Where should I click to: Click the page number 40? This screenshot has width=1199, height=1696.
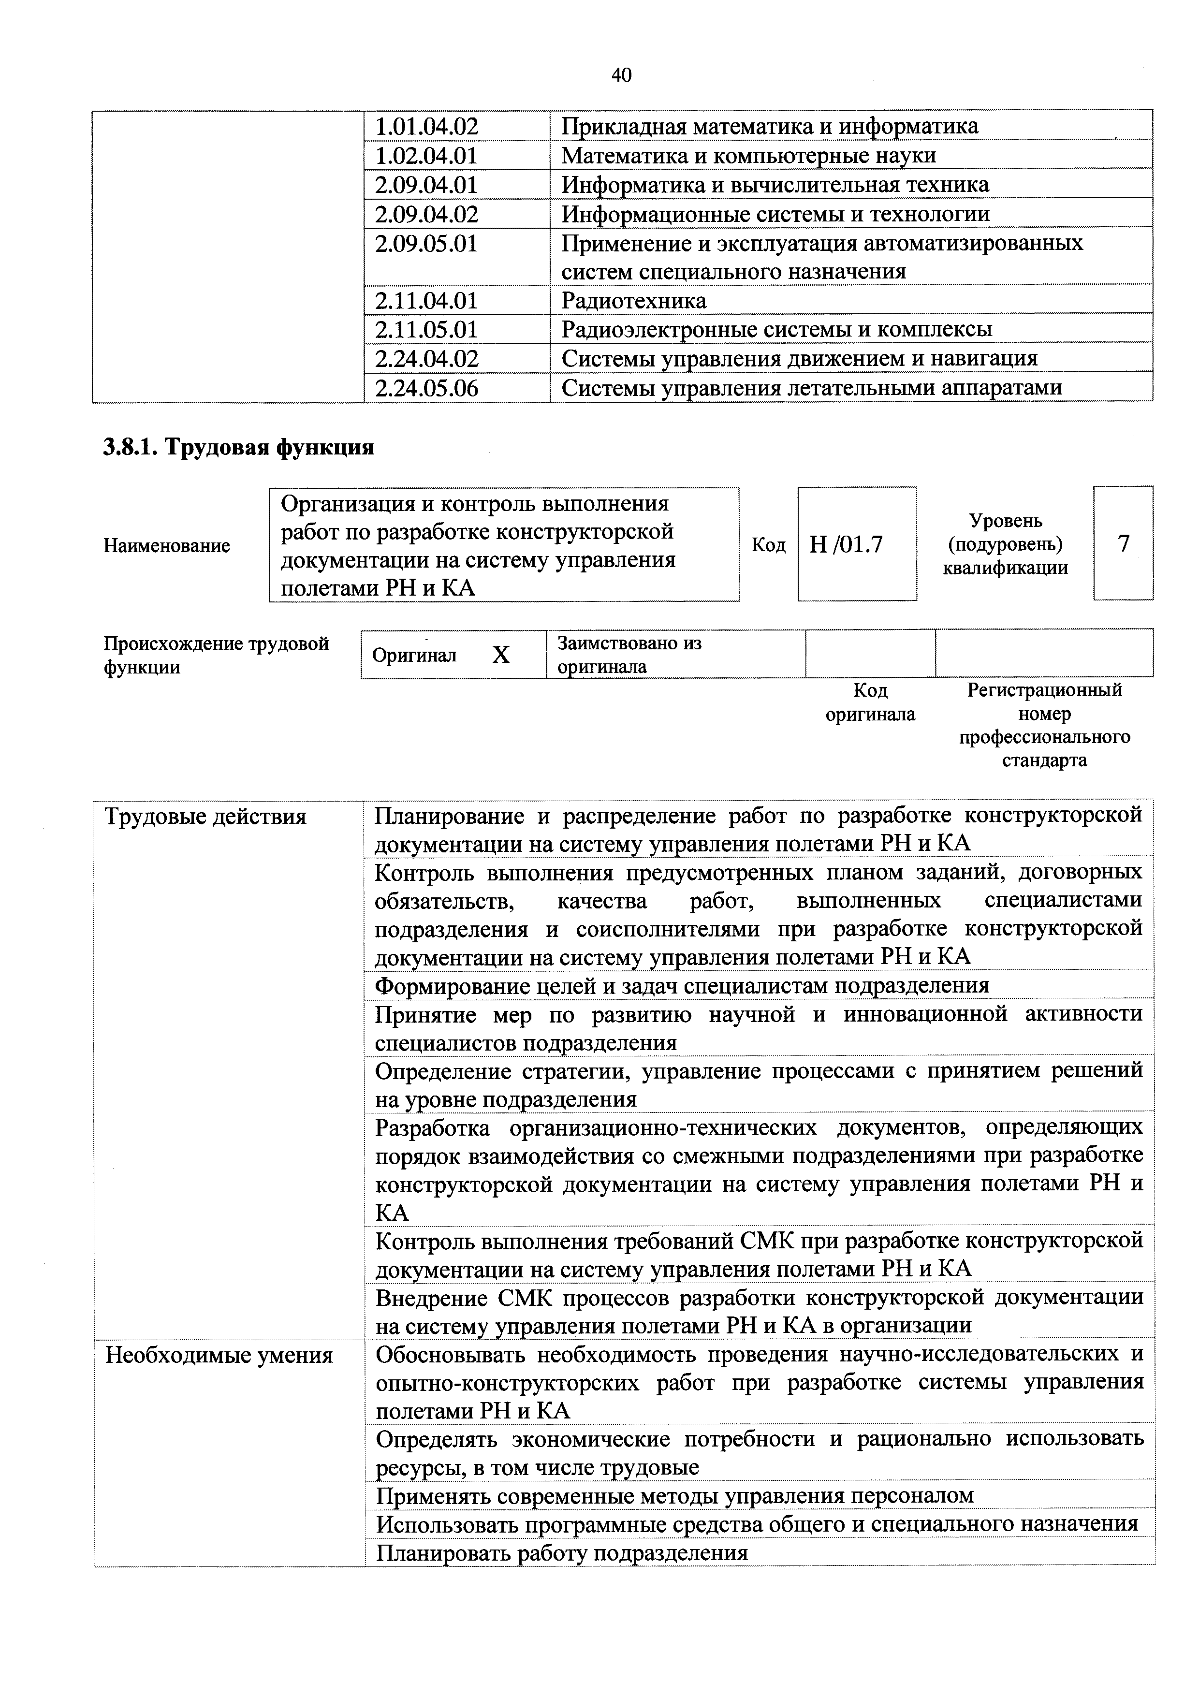click(x=621, y=75)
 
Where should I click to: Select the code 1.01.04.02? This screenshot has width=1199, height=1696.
click(x=426, y=126)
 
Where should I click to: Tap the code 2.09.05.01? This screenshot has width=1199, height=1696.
click(x=426, y=244)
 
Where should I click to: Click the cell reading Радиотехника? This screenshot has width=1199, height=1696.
click(x=634, y=301)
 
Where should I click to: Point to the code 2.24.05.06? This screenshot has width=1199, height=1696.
click(x=426, y=388)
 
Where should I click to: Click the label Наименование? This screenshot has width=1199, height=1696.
click(x=167, y=546)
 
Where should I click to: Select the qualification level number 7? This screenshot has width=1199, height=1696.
click(x=1123, y=544)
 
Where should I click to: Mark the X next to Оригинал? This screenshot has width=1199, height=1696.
click(x=501, y=655)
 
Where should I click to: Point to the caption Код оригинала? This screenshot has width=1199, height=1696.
click(x=870, y=702)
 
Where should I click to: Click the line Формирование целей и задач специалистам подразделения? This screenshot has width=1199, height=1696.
click(x=682, y=985)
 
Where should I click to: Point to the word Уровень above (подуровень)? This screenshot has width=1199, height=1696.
click(x=1006, y=521)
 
